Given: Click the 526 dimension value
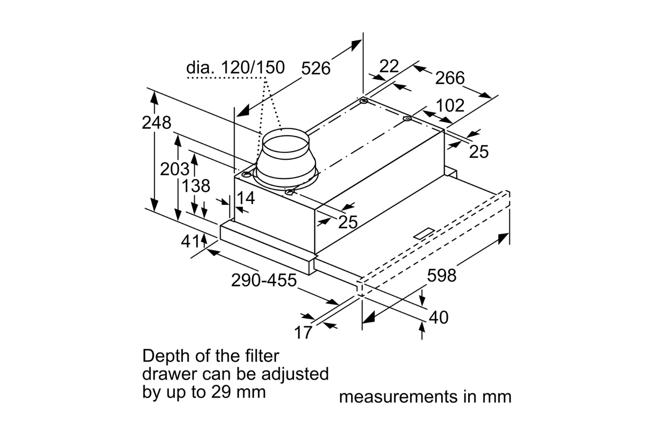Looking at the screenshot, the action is [x=316, y=68].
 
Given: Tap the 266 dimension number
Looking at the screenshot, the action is [x=450, y=78].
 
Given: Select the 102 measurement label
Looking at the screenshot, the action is [x=450, y=105].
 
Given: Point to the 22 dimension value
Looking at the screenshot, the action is [x=389, y=66].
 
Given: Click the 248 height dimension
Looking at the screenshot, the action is [x=156, y=123].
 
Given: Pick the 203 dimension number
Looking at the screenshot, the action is [x=175, y=169].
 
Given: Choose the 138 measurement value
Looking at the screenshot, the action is [x=196, y=186].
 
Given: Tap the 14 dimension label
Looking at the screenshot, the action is [x=246, y=198].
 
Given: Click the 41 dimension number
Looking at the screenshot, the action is [x=190, y=241].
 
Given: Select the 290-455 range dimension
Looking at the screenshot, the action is [x=264, y=280].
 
